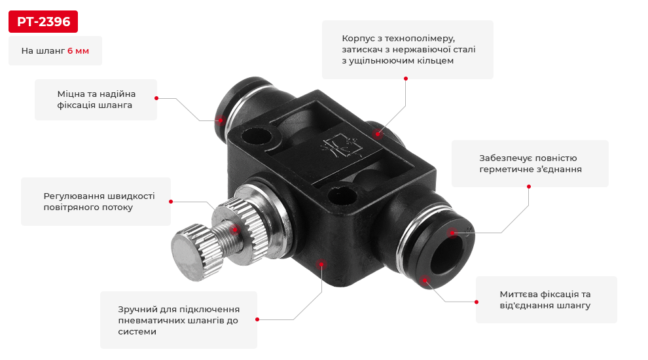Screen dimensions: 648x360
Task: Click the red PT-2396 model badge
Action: pos(43,22)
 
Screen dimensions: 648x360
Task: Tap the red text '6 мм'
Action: pos(78,51)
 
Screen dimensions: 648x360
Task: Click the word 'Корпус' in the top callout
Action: pos(357,39)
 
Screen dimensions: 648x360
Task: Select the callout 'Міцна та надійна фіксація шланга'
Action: pos(96,99)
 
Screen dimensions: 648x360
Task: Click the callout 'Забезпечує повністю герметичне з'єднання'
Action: pos(530,164)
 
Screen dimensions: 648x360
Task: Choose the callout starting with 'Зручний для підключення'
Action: pos(179,320)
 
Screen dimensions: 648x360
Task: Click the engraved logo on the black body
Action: pos(342,147)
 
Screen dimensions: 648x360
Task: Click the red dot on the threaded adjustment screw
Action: pos(235,230)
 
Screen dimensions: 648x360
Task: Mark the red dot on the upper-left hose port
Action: pos(221,120)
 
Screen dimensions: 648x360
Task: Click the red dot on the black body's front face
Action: pos(321,264)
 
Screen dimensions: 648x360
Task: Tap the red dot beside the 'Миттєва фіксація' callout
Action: pos(477,302)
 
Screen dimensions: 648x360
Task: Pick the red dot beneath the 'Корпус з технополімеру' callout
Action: pos(406,79)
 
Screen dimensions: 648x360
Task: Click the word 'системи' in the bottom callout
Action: pos(137,332)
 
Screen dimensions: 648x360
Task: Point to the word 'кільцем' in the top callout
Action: pos(438,61)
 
